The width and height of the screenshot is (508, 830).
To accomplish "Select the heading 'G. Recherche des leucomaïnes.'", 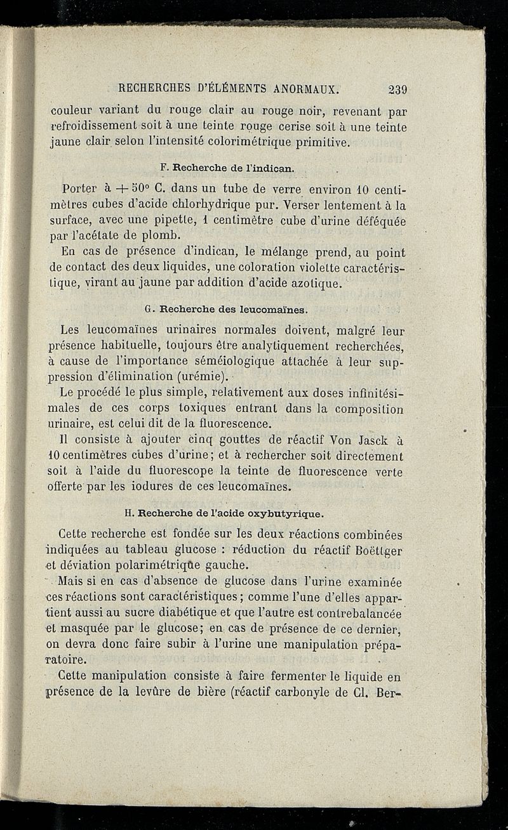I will [226, 310].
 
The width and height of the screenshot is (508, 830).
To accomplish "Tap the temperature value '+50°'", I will [124, 189].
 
